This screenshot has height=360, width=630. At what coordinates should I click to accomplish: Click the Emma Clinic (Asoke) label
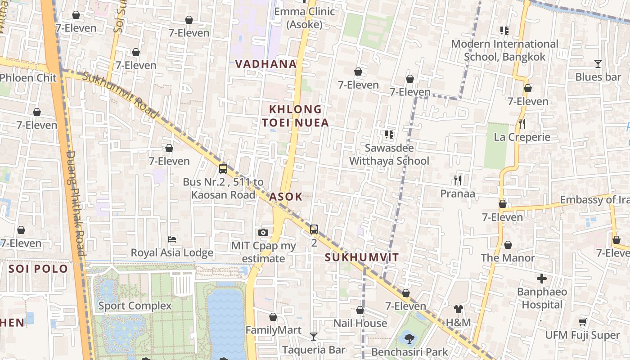point(305,18)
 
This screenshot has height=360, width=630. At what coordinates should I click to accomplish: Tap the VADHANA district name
point(266,64)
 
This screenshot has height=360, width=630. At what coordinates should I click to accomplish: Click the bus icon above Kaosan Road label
point(223,169)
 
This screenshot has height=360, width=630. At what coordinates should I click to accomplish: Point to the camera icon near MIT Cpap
point(263,232)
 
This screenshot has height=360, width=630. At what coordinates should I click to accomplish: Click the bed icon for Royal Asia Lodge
point(172,239)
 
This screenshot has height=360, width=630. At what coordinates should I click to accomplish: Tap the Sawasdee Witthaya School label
point(389,154)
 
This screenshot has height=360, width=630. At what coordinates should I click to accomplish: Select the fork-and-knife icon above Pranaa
point(458,180)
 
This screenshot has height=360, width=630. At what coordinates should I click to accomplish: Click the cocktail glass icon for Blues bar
point(598,64)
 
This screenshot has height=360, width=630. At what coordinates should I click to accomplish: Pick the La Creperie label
point(522,137)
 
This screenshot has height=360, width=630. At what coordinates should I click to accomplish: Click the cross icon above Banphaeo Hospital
point(542,279)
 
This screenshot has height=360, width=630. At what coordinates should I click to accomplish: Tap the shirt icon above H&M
point(458,309)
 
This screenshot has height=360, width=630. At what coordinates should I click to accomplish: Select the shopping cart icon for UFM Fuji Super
point(582,322)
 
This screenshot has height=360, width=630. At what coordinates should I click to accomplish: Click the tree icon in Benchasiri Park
point(409,338)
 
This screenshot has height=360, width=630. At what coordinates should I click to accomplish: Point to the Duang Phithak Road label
point(76,202)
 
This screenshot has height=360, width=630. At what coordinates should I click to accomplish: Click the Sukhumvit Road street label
point(120,95)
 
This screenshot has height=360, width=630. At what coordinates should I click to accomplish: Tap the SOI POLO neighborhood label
point(38,269)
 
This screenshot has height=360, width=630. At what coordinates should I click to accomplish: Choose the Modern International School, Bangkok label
point(504,50)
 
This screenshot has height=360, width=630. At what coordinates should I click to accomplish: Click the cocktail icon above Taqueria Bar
point(314,336)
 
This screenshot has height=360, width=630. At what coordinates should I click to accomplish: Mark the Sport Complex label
point(135,306)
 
